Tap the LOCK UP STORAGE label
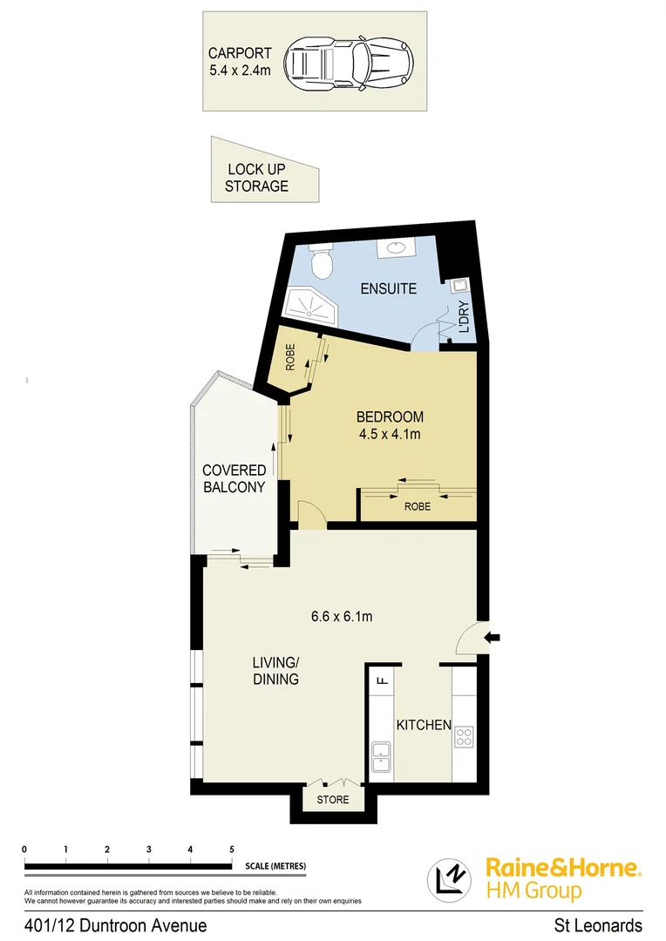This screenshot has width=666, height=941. pyautogui.click(x=256, y=178)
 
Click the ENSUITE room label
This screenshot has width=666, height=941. pyautogui.click(x=388, y=288)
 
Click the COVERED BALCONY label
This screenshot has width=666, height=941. pyautogui.click(x=234, y=479)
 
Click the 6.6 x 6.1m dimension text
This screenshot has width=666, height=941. pyautogui.click(x=342, y=617)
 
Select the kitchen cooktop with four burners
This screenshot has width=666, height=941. pyautogui.click(x=463, y=736)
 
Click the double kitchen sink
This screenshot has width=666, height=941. pyautogui.click(x=381, y=756)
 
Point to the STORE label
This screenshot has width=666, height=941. pyautogui.click(x=333, y=799)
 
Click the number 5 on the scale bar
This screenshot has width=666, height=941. pyautogui.click(x=231, y=850)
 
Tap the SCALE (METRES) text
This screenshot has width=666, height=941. pyautogui.click(x=275, y=866)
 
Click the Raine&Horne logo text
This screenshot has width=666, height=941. pyautogui.click(x=563, y=868)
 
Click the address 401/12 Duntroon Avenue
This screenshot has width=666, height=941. pyautogui.click(x=116, y=925)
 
